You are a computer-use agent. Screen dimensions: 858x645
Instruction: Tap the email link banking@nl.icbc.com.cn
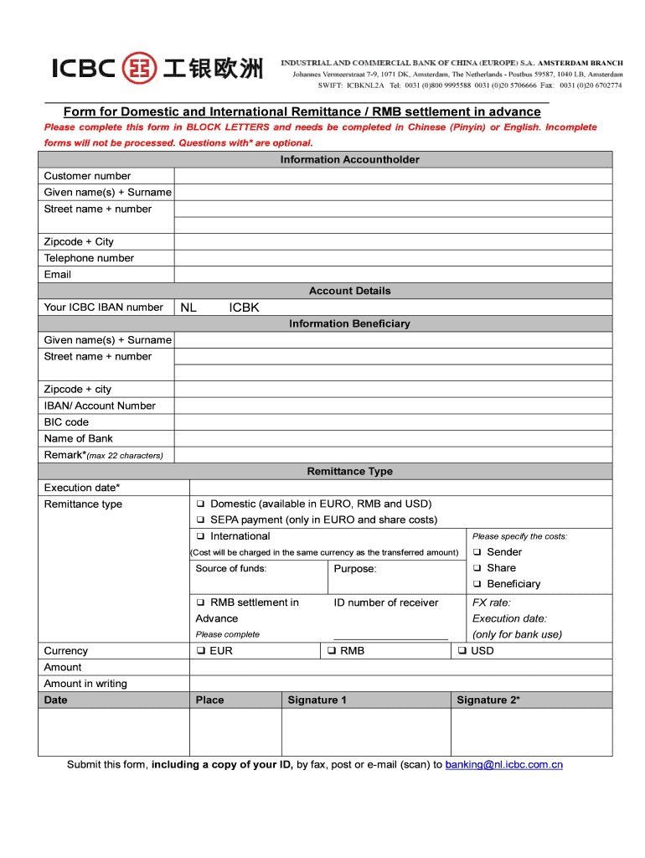[x=503, y=765]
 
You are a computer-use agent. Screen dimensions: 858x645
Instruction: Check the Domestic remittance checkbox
[x=201, y=504]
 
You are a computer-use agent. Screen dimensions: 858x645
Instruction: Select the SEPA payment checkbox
[x=201, y=520]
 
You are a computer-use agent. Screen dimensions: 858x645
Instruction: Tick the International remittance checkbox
[x=201, y=536]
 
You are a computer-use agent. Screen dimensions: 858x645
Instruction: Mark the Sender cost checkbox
[x=477, y=552]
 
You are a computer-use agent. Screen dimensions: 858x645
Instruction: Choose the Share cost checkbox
[x=477, y=568]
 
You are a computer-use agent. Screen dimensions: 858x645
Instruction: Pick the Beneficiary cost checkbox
[x=477, y=584]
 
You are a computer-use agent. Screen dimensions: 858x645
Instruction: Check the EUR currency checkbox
[x=201, y=651]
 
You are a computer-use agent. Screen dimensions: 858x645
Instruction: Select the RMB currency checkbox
[x=332, y=651]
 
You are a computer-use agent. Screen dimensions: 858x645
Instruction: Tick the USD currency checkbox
[x=462, y=651]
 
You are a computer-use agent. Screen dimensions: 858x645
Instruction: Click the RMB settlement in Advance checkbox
[x=201, y=602]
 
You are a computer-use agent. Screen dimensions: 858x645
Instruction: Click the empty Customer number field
[x=393, y=176]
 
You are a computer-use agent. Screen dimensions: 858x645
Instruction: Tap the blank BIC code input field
[x=393, y=422]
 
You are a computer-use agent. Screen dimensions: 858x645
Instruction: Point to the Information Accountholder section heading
[x=349, y=159]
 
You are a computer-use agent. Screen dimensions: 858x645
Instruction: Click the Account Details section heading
[x=349, y=291]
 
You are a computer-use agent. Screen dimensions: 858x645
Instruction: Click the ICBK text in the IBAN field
[x=244, y=308]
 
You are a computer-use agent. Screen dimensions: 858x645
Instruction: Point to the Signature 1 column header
[x=317, y=700]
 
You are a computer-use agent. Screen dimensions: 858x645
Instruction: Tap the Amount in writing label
[x=85, y=684]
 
